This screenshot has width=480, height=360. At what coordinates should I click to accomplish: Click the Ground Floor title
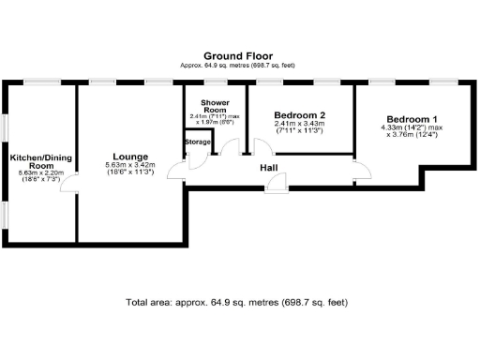point(239,55)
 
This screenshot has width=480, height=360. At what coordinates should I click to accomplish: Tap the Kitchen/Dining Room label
point(36,161)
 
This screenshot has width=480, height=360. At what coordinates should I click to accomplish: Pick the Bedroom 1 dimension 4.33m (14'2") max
point(412,128)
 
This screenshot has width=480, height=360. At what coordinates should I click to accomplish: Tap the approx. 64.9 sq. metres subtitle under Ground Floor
point(239,65)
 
